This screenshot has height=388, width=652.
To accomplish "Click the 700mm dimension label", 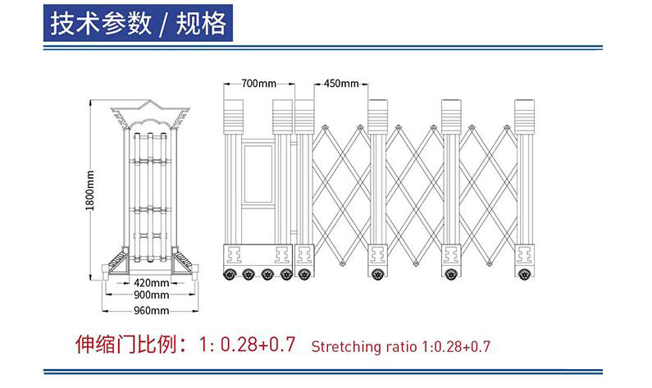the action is coord(258,84).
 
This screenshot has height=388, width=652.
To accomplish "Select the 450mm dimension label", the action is coord(341,84).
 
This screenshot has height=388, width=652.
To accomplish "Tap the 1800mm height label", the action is coord(90,190).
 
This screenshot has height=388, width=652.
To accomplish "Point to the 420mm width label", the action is coord(152,283).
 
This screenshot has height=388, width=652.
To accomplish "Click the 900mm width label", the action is coord(152,294).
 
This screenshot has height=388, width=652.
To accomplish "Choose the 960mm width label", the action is coord(152,310).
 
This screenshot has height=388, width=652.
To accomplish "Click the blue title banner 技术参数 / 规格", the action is coord(138,23).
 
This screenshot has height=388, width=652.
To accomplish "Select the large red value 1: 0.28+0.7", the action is coord(247,345).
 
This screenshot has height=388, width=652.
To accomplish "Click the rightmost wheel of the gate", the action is coord(524,274).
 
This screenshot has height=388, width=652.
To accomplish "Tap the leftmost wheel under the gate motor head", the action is coord(230,274).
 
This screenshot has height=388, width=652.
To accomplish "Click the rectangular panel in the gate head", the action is coord(258,174).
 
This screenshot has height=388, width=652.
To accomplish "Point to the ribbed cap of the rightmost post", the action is coord(524,116).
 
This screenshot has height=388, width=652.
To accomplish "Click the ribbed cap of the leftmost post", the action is coord(233,116).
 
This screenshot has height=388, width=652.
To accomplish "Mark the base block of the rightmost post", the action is coord(524,255).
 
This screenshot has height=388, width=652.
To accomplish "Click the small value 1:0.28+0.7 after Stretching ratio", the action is coord(456,346).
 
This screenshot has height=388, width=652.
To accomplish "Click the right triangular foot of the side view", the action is coord(184,262).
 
